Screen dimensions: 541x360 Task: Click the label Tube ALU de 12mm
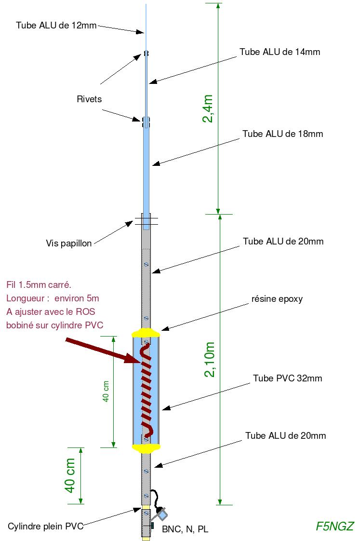[x=56, y=25]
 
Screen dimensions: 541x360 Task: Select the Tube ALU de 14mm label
[x=280, y=52]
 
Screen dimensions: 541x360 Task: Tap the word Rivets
[x=89, y=99]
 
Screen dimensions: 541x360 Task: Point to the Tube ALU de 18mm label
[x=282, y=134]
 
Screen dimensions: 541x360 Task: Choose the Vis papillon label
[x=69, y=243]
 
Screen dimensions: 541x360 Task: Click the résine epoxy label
[x=277, y=298]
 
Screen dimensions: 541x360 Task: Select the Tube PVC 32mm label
[x=287, y=379]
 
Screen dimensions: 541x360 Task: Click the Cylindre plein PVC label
[x=46, y=526]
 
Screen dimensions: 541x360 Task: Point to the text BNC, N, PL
[x=185, y=529]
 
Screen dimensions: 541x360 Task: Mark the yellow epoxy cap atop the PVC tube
[x=146, y=333]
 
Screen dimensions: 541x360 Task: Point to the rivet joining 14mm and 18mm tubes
[x=146, y=122]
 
